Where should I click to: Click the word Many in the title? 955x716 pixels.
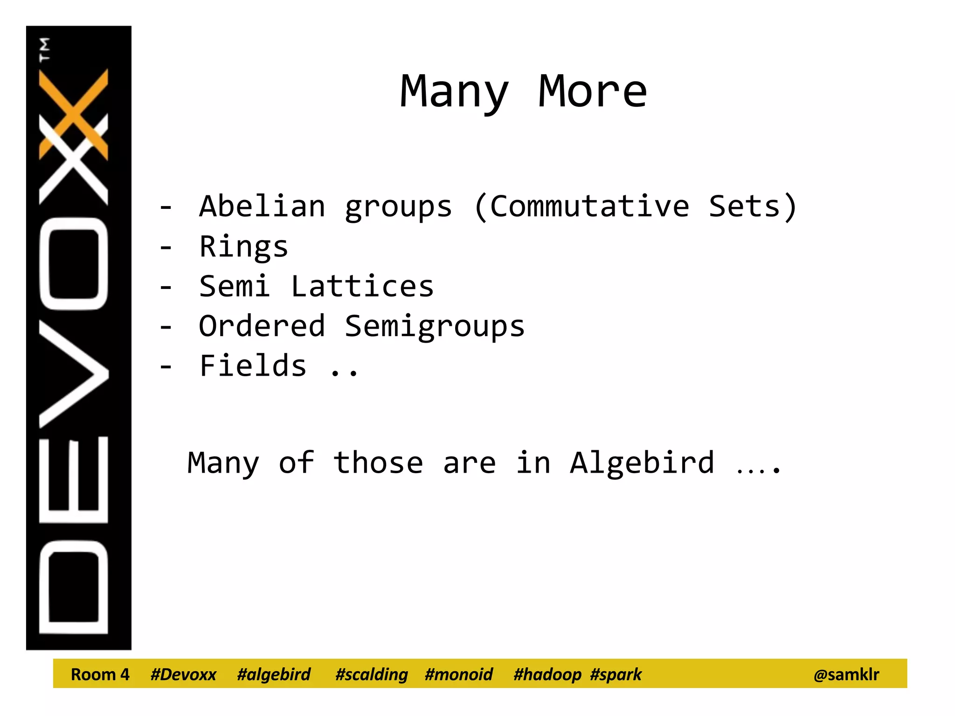coord(454,92)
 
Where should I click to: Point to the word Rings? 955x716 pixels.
coord(243,247)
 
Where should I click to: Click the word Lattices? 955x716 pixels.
coord(362,286)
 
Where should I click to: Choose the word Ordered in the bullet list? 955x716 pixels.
coord(262,326)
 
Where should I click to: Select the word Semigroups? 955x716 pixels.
coord(435,327)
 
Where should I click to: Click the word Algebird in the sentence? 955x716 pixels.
coord(642,463)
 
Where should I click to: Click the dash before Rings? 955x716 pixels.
coord(166,247)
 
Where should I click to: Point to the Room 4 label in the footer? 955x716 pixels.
coord(100,675)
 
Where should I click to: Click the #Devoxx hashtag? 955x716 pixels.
coord(183,675)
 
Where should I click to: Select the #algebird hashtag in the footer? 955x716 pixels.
coord(274,675)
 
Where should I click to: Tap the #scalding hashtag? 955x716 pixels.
coord(372,675)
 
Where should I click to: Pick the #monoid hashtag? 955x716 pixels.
coord(459,675)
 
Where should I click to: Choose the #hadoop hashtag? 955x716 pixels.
coord(547,675)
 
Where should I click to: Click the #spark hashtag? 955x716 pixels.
coord(616,675)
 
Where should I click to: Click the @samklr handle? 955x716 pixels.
coord(846,675)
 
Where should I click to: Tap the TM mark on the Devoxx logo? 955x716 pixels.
coord(44,49)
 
